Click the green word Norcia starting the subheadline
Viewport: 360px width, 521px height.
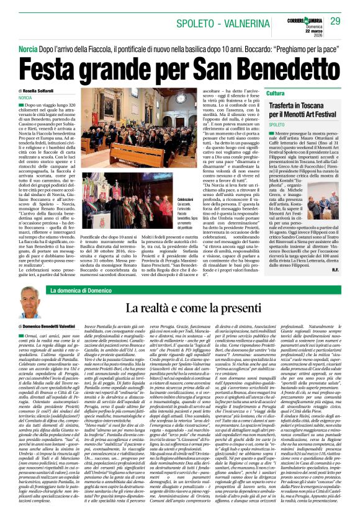(27, 48)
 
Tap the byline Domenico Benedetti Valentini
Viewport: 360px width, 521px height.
(58, 325)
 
